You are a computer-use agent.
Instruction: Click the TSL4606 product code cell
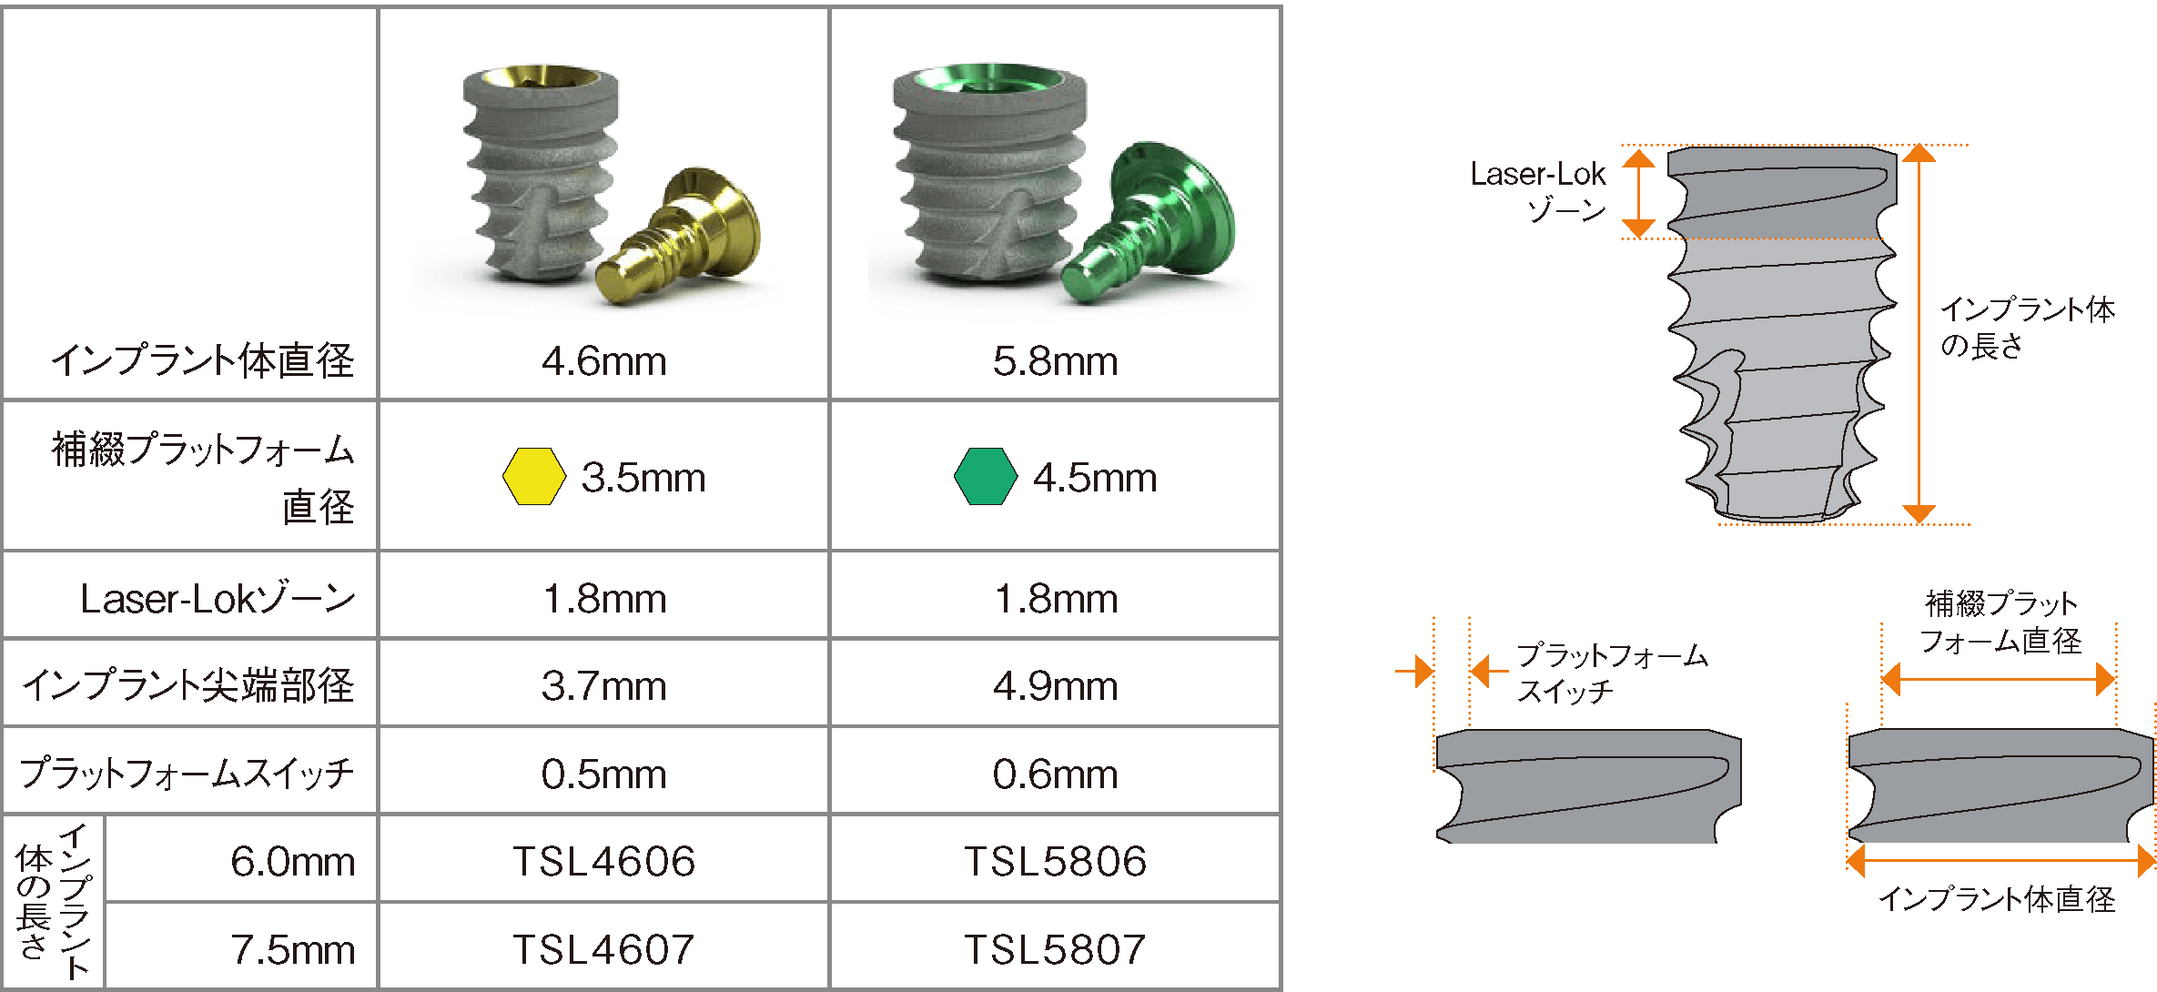[603, 861]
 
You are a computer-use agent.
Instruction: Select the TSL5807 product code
[1055, 949]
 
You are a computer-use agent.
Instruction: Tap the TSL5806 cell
[1055, 861]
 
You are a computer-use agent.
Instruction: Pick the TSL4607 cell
[603, 949]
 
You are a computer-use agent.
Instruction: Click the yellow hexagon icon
[534, 476]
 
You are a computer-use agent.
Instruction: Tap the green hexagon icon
[986, 476]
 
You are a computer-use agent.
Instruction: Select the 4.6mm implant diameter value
[603, 361]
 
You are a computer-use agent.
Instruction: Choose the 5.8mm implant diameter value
[1055, 361]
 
